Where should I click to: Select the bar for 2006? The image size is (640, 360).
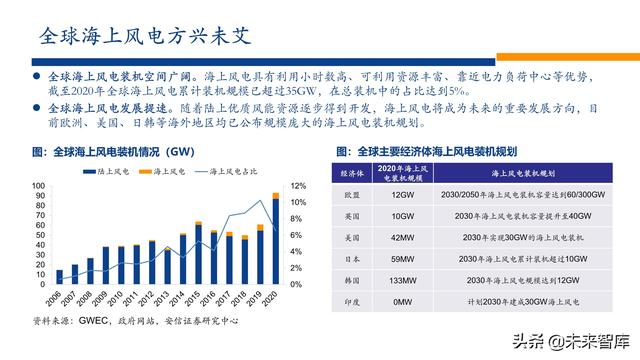click(59, 278)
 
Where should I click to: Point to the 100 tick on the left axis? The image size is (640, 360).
click(37, 186)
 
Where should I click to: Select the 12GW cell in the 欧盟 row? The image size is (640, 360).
click(402, 195)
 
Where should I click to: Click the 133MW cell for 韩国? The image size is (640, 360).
click(402, 281)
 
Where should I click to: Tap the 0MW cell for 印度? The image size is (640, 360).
click(402, 303)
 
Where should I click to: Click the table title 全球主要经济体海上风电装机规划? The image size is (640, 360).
click(435, 152)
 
